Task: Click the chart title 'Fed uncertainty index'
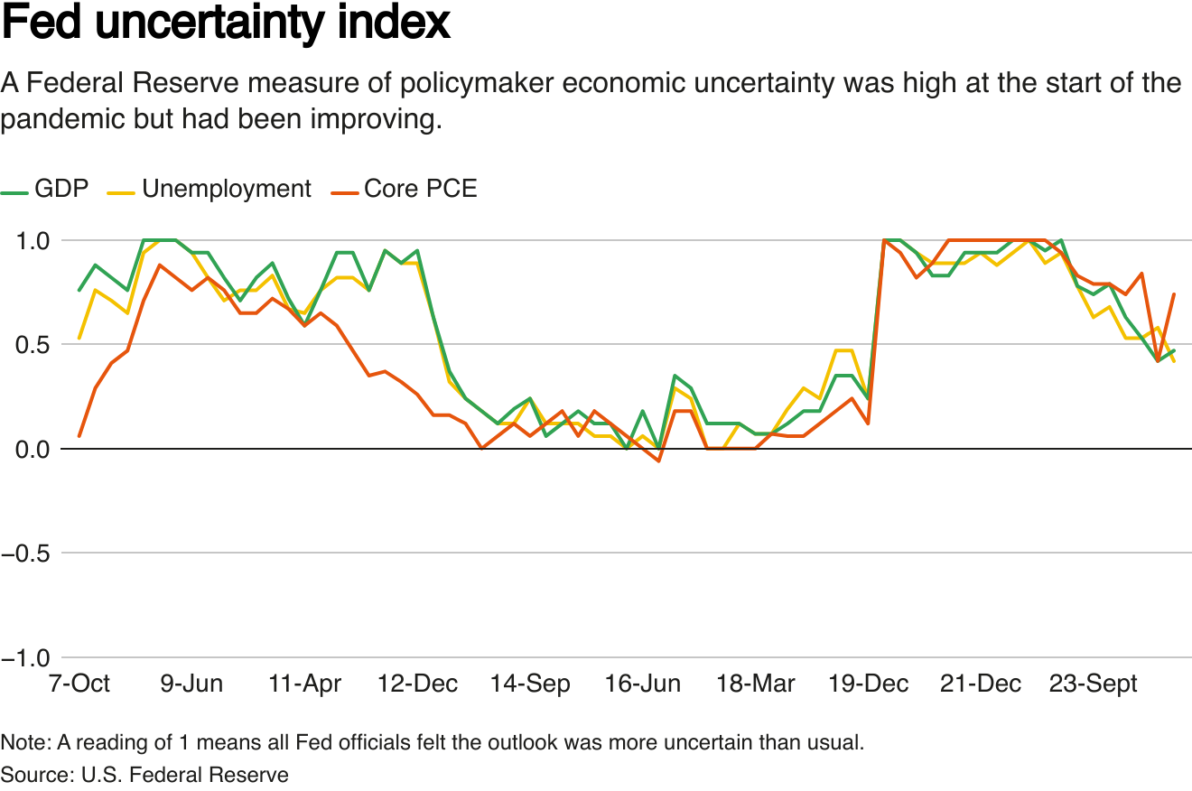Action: (x=226, y=23)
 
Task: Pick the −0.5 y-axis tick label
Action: (x=27, y=554)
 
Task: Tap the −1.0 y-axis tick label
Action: (x=27, y=658)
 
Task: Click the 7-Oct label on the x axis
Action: (x=79, y=684)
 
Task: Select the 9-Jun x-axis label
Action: (x=191, y=684)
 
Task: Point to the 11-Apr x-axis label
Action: (x=304, y=684)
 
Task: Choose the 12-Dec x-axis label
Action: (x=417, y=684)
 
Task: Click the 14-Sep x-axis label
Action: (x=530, y=684)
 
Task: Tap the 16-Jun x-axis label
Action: (x=643, y=684)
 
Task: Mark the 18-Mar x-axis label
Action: (x=756, y=684)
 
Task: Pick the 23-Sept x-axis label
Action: (x=1094, y=684)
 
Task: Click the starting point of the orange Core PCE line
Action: (x=79, y=436)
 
